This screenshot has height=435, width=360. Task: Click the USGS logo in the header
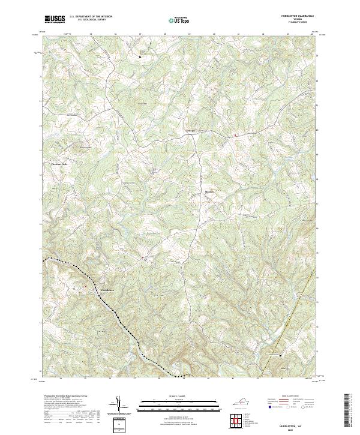[x=55, y=19]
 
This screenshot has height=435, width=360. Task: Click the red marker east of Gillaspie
[x=235, y=135]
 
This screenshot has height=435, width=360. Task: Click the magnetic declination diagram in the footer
[x=118, y=405]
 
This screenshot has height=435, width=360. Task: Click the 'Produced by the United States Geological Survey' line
[x=62, y=396]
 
